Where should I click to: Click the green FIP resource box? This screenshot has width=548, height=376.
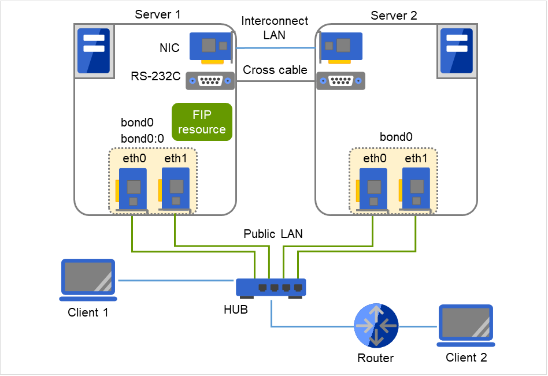click(x=202, y=122)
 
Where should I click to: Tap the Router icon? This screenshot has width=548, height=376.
click(x=375, y=326)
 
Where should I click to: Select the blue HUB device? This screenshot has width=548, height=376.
click(x=271, y=287)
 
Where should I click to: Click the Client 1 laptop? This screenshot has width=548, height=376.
click(x=88, y=280)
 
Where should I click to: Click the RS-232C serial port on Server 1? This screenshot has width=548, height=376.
click(x=210, y=81)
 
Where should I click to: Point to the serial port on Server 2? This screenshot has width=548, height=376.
click(x=340, y=81)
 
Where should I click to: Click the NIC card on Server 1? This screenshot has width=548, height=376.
click(x=212, y=46)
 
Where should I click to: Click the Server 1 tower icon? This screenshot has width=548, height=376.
click(x=93, y=52)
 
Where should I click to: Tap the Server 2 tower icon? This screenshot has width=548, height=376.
click(x=456, y=52)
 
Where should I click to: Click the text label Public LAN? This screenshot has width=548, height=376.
click(x=273, y=234)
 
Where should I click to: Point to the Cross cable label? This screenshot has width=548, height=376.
click(x=275, y=70)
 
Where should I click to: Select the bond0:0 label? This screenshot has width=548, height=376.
click(x=142, y=139)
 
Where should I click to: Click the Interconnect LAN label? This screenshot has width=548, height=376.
click(x=275, y=28)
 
